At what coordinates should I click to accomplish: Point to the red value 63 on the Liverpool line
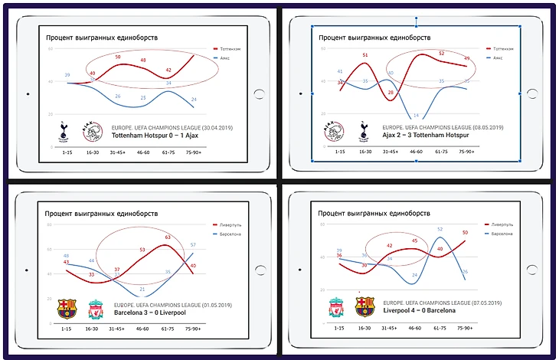pos(168,237)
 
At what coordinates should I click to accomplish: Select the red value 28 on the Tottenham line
pos(391,93)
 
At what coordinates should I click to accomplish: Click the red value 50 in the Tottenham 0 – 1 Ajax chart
pos(117,57)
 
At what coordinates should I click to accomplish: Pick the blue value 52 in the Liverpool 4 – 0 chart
pos(440,228)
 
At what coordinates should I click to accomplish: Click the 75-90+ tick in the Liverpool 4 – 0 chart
pos(464,327)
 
